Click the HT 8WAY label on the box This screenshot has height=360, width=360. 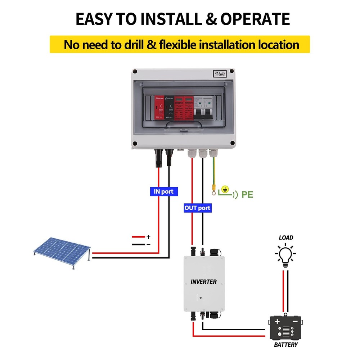[x=220, y=73]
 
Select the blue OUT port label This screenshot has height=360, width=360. [x=197, y=208]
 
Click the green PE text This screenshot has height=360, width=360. [x=247, y=195]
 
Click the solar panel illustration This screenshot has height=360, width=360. [x=60, y=251]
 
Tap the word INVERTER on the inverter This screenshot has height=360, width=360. [x=203, y=282]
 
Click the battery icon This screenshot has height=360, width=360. [x=285, y=327]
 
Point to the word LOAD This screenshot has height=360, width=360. [x=286, y=238]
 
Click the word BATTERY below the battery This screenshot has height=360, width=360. [x=286, y=345]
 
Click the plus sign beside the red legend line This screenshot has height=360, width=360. [x=148, y=237]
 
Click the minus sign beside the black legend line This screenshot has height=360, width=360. [x=148, y=244]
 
